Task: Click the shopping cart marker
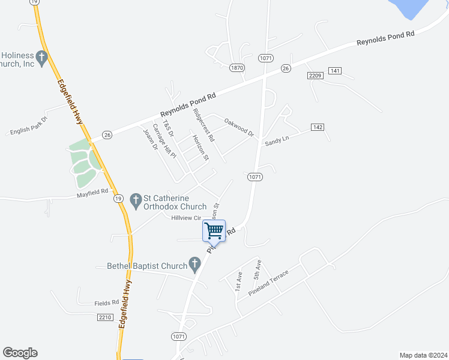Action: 214,230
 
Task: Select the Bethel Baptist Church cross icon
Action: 194,263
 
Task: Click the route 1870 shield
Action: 237,68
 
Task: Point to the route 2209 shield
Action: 315,76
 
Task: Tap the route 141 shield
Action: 335,71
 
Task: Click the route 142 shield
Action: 318,127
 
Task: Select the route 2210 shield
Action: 104,317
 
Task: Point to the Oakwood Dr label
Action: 239,127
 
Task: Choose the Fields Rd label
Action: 106,303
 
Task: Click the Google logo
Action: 20,353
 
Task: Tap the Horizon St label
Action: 200,148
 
